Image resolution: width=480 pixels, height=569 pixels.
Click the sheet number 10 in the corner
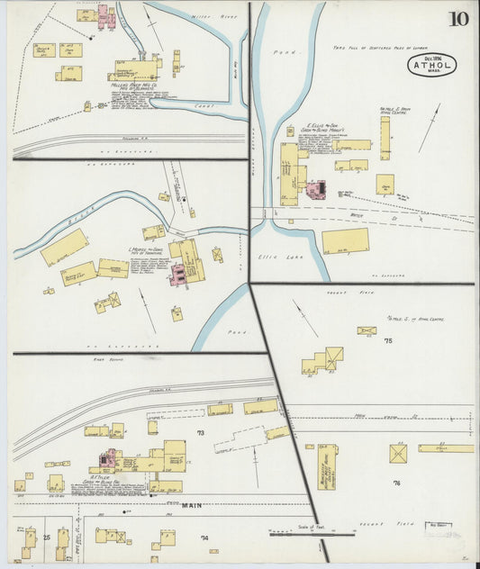pos(459,19)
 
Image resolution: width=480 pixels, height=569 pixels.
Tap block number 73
pos(200,434)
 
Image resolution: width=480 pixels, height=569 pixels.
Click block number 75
pos(388,341)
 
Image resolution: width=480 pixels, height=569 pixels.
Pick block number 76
pos(396,483)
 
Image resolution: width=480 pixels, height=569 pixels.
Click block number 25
pos(46,537)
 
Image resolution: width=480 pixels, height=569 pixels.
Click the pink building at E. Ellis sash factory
pos(315,190)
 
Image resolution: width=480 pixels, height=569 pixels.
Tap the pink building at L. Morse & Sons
pos(177,274)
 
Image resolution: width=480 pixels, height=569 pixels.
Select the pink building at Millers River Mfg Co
pos(104,15)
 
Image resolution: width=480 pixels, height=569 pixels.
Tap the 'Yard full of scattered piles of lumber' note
pos(379,47)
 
